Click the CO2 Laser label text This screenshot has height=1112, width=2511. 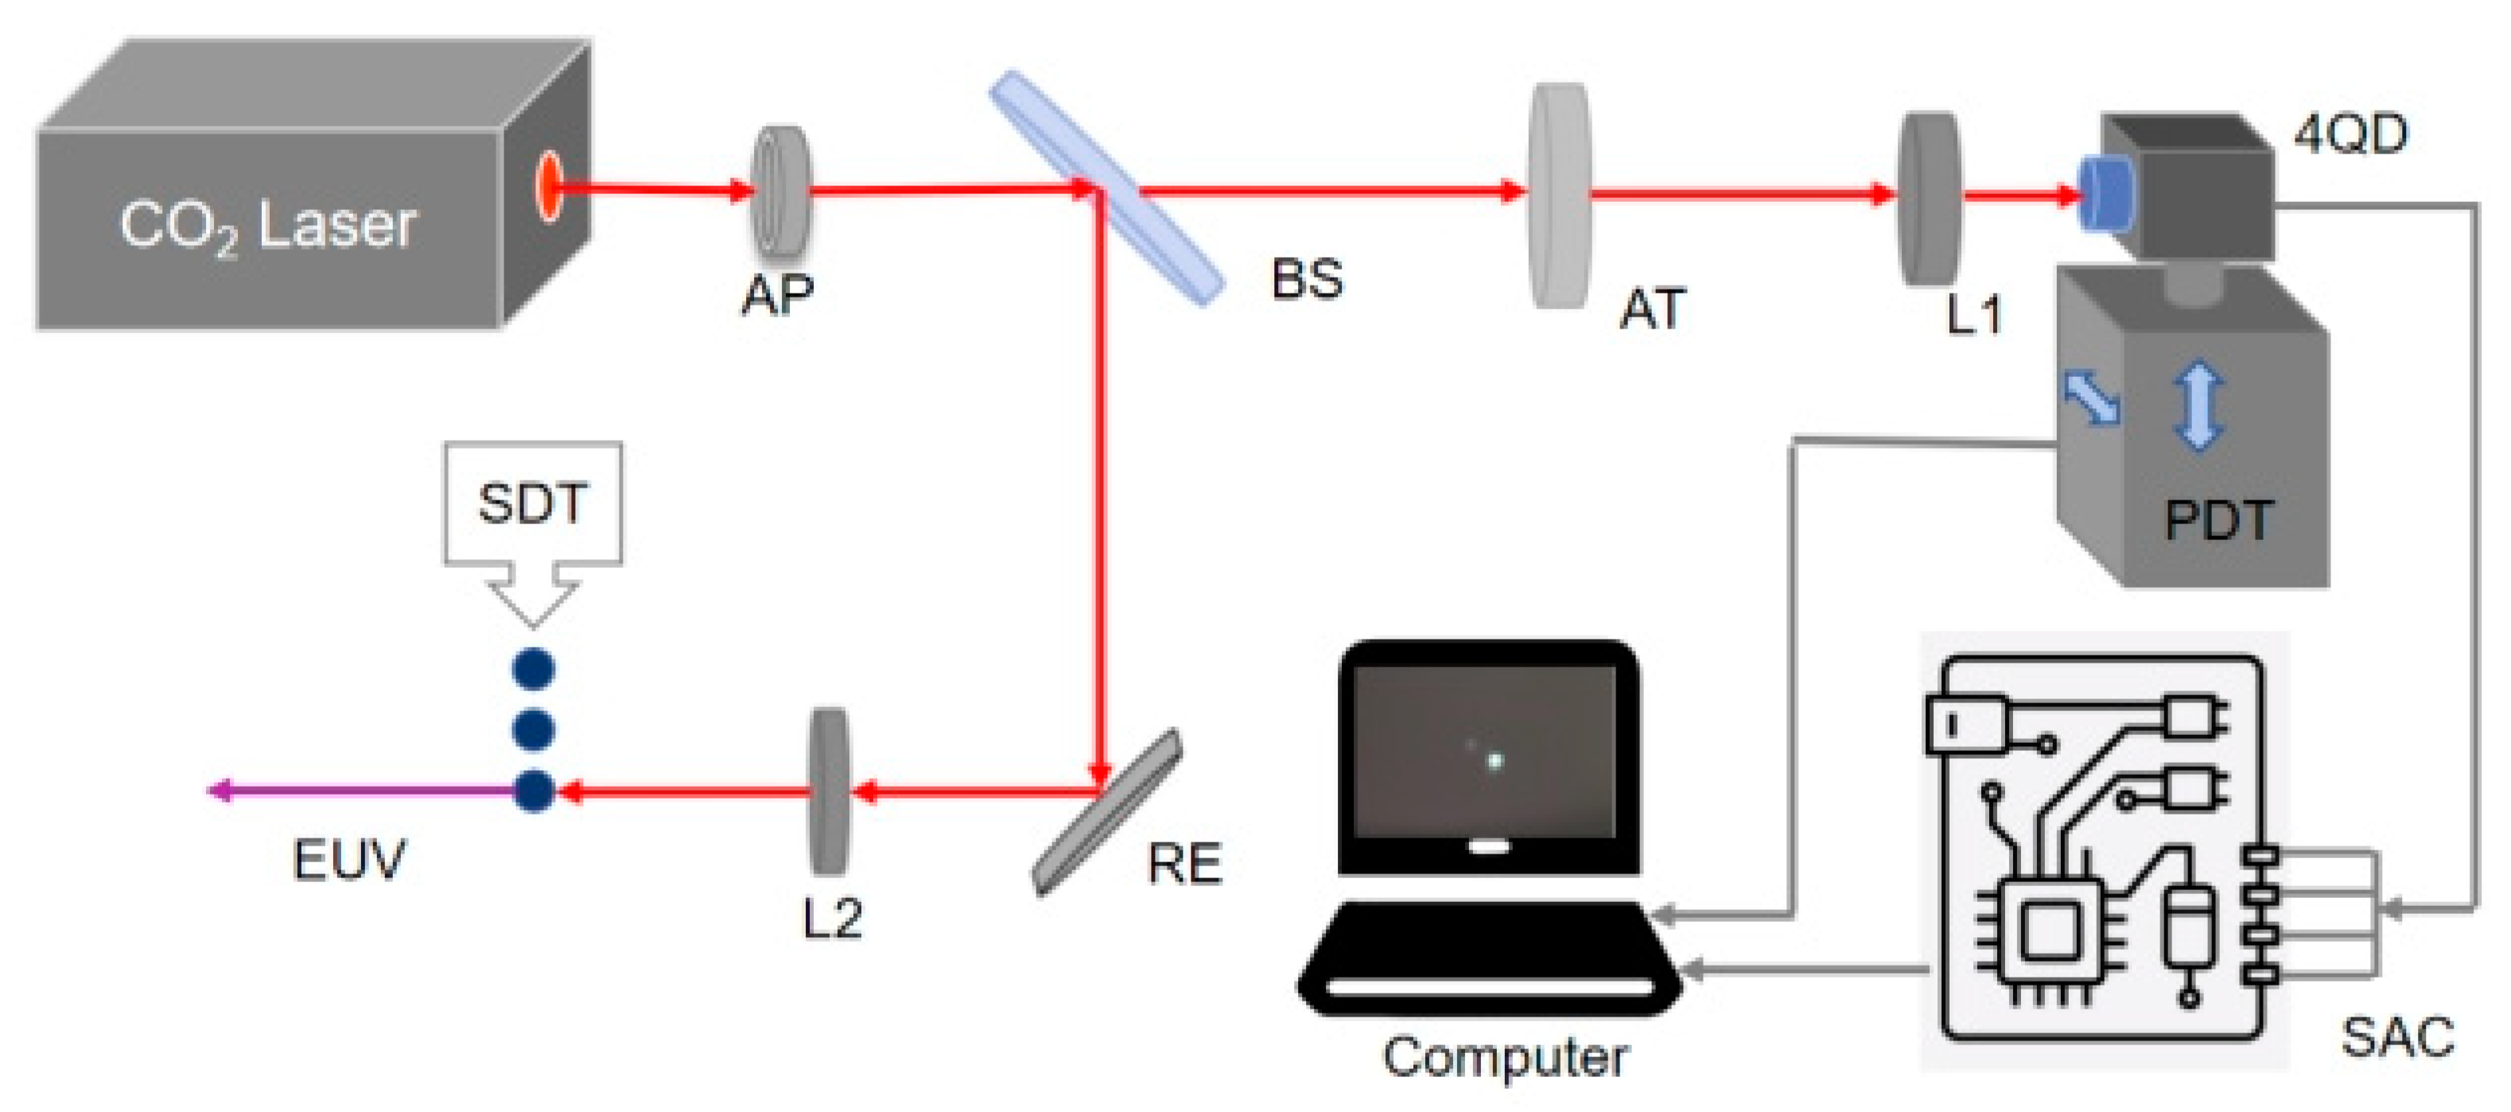(x=268, y=226)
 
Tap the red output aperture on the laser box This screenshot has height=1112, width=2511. (x=549, y=186)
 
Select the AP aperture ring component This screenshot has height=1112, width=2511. (x=779, y=192)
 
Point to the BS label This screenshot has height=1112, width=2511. (x=1306, y=280)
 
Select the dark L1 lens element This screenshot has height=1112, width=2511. (x=1928, y=199)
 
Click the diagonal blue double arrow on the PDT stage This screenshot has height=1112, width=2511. (x=2092, y=399)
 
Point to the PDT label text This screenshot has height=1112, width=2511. (x=2218, y=520)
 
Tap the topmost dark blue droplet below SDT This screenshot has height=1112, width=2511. (x=533, y=669)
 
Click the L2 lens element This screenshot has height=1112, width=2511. (x=829, y=791)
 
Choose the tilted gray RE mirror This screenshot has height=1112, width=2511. (x=1106, y=811)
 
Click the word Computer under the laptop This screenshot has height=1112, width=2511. (x=1504, y=1057)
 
